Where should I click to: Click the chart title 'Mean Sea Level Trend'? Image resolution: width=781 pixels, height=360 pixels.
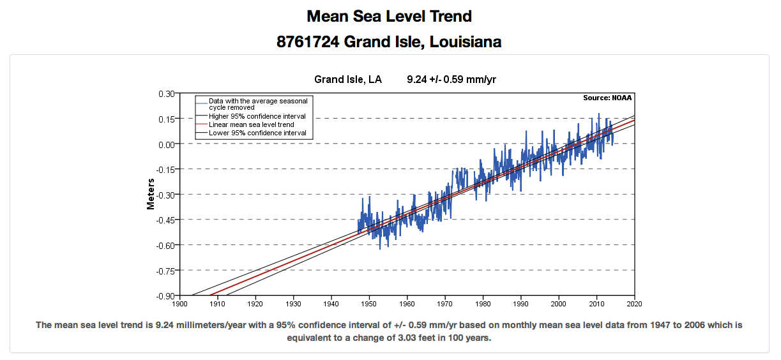389,16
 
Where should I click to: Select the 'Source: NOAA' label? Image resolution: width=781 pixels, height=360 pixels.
607,98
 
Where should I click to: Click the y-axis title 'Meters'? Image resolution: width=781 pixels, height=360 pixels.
151,193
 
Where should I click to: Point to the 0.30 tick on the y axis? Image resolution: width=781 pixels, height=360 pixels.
166,93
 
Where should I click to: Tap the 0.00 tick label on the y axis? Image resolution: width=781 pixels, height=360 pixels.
166,144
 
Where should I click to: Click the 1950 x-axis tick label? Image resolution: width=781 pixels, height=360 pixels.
369,304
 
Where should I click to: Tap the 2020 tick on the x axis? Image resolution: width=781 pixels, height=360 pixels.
634,304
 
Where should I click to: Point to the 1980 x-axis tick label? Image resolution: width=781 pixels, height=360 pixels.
483,304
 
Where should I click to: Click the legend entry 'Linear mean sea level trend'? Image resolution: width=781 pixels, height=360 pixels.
251,125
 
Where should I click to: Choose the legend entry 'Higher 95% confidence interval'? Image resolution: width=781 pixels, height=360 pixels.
257,117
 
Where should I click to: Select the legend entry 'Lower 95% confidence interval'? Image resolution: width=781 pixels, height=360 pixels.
257,133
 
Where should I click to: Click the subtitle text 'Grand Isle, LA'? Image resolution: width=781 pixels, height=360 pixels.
347,80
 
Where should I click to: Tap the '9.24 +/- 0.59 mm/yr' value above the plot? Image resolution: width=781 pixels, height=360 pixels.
451,80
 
